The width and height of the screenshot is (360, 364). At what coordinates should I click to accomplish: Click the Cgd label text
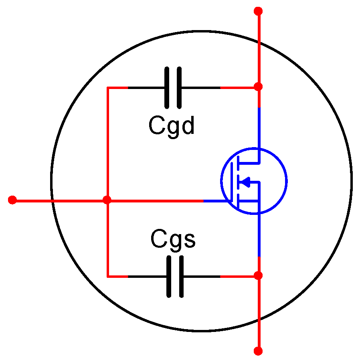[171, 126]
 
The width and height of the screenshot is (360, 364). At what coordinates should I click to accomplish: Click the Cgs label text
[173, 239]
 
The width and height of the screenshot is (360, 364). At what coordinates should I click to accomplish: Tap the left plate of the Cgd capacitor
[167, 87]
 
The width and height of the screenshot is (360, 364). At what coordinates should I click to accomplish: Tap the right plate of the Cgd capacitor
[178, 87]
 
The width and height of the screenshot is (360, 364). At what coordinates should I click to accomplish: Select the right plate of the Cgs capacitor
[181, 277]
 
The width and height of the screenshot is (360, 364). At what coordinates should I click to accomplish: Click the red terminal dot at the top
[259, 11]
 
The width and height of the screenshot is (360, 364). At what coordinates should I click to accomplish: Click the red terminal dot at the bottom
[259, 351]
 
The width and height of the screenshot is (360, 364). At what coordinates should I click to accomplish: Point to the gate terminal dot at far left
[12, 200]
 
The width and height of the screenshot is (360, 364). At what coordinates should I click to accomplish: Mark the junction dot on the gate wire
[107, 200]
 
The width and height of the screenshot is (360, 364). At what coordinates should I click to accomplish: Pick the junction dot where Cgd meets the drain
[259, 87]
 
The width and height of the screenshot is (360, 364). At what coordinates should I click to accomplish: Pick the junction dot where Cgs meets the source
[259, 275]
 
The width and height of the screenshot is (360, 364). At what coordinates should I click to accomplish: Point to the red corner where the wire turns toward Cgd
[108, 87]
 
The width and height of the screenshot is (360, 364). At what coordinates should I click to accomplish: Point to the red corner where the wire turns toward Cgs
[108, 276]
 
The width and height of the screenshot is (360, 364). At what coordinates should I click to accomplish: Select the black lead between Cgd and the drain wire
[200, 87]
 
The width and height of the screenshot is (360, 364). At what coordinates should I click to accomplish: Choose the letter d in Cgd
[187, 125]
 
